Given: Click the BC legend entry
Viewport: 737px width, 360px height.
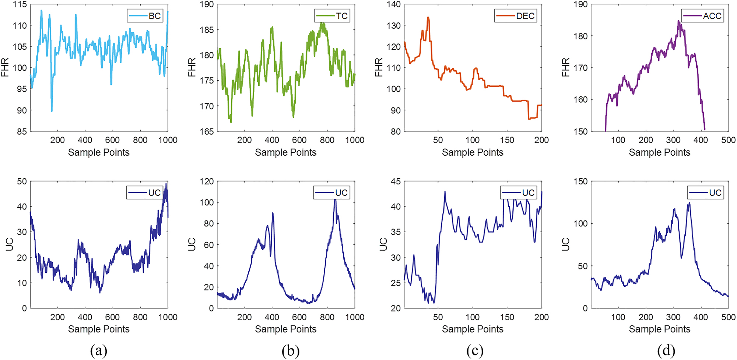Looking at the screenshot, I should [145, 16].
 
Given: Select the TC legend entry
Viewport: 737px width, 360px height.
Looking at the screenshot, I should [332, 16].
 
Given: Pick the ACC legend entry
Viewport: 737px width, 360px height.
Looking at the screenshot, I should [702, 16].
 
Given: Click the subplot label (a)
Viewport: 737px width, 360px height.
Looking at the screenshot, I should [99, 351].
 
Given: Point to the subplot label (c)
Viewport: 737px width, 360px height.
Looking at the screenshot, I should [475, 351].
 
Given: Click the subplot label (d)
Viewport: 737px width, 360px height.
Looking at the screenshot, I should [666, 351].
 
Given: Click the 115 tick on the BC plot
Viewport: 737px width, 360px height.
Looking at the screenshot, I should [20, 4].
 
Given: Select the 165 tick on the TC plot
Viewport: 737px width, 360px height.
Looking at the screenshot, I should [207, 131].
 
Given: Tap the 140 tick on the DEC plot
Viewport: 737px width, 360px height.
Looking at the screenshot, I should [393, 4].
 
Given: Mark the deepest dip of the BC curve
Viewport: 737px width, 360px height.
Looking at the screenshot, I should [52, 110].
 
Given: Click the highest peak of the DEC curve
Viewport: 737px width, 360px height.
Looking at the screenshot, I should [428, 17].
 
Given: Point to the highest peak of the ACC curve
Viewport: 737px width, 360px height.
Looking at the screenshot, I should [678, 21].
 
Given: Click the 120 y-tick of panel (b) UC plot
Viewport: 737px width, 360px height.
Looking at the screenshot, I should [207, 181].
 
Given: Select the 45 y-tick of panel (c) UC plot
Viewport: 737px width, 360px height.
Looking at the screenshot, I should [396, 181].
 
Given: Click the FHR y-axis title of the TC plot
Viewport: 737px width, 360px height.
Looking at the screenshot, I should [192, 67].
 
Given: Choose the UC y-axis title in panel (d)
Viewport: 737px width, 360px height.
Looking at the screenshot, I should [566, 244].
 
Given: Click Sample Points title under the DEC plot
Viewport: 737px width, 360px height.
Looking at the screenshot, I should [473, 152].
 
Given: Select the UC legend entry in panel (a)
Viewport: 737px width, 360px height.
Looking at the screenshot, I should [144, 193].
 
